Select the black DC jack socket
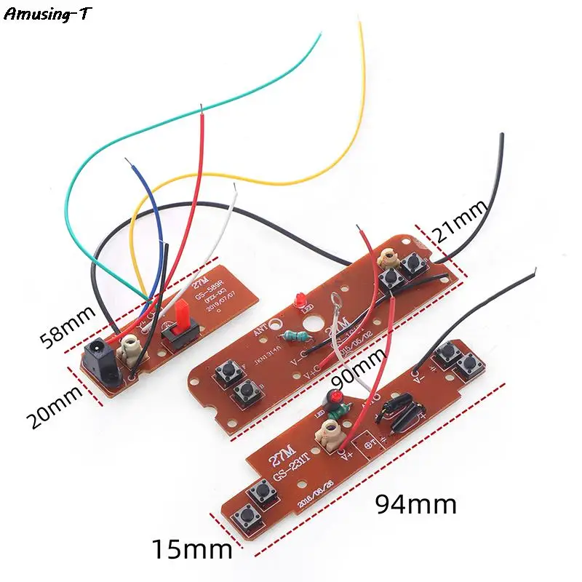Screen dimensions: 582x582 (x=100, y=366)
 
